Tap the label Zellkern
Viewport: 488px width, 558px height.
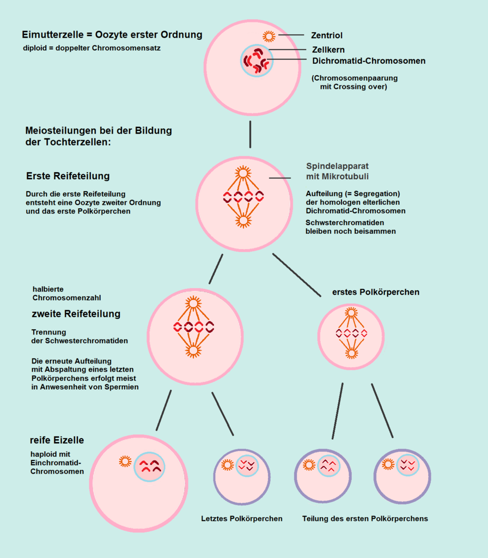(328, 50)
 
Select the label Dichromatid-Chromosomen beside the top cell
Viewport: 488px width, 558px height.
(369, 60)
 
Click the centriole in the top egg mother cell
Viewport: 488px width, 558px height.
(269, 36)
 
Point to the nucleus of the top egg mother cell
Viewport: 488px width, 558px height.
(257, 60)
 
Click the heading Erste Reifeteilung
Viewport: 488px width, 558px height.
(68, 176)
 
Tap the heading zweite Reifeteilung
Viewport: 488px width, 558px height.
(76, 314)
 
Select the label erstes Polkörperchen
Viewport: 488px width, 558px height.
(376, 292)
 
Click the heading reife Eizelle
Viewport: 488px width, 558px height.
(57, 440)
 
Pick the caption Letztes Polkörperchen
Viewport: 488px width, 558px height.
(242, 519)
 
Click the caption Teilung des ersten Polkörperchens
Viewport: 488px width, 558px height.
(365, 519)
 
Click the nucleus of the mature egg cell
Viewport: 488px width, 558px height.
(149, 466)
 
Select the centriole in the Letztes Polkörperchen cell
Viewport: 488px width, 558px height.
(228, 465)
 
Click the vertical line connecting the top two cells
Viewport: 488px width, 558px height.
(250, 134)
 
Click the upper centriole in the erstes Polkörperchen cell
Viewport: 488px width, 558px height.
(351, 312)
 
